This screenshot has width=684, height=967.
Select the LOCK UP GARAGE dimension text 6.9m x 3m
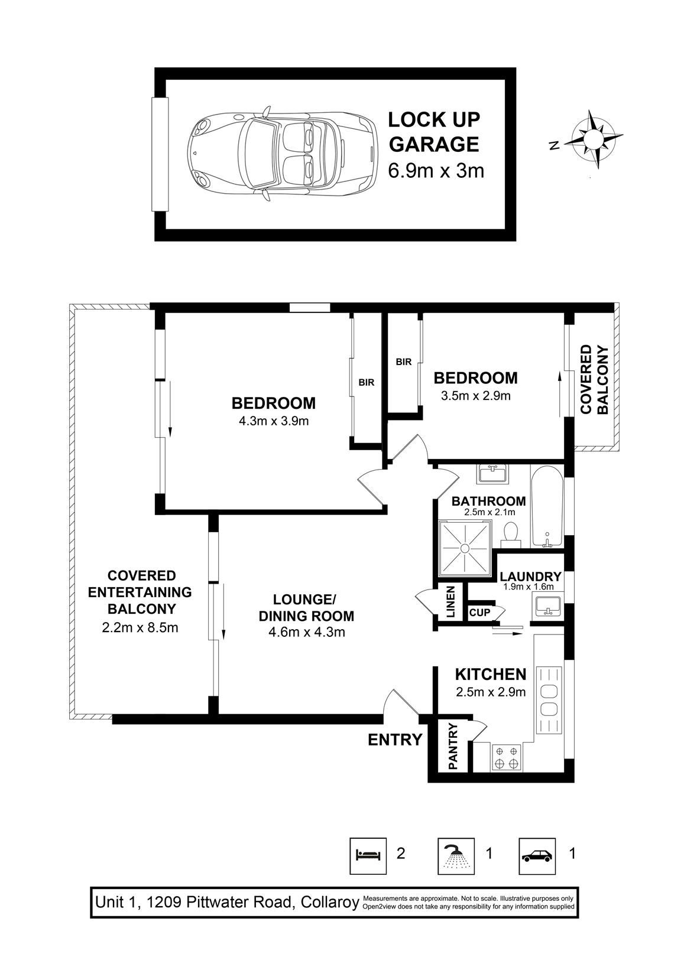(x=436, y=171)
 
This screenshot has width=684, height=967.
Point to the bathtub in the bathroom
(x=547, y=507)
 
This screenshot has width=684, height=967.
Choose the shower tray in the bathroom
(x=465, y=548)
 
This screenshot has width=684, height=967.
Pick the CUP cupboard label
(x=479, y=613)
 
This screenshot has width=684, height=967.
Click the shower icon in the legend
(x=456, y=856)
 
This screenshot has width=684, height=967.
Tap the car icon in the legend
(x=537, y=856)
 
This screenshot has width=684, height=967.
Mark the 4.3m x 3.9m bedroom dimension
(x=274, y=421)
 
